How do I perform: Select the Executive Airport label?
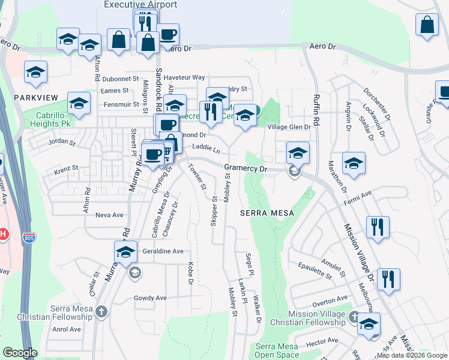[x=140, y=5]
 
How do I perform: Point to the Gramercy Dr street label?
[x=245, y=169]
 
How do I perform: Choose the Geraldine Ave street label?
[x=162, y=251]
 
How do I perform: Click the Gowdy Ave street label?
[x=149, y=298]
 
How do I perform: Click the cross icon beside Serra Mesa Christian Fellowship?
[x=101, y=311]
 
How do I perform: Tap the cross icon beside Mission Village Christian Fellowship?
[x=355, y=318]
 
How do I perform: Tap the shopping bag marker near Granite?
[x=427, y=26]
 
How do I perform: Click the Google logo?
[x=20, y=352]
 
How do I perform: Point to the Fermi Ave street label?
[x=358, y=197]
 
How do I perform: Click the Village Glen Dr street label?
[x=289, y=127]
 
